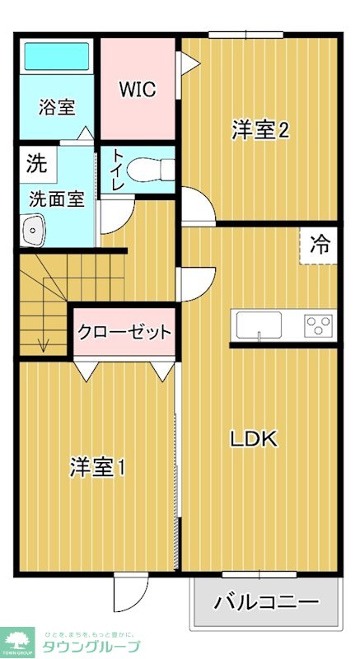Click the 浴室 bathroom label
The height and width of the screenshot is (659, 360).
coord(58,108)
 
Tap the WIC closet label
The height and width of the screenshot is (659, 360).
coord(137,90)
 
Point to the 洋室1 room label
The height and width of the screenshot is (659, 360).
coord(97,467)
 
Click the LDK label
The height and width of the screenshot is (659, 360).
coord(253,439)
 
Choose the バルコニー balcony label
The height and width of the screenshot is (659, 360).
coord(266,601)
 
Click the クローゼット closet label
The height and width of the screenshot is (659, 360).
coord(125,333)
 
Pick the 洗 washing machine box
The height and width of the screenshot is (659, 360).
coord(36,163)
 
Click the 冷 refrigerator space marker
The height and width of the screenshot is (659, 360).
coord(319,245)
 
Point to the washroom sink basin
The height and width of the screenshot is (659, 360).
coord(33,230)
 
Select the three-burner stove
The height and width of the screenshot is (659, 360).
coord(317,325)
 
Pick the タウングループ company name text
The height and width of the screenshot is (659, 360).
coord(91,646)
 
